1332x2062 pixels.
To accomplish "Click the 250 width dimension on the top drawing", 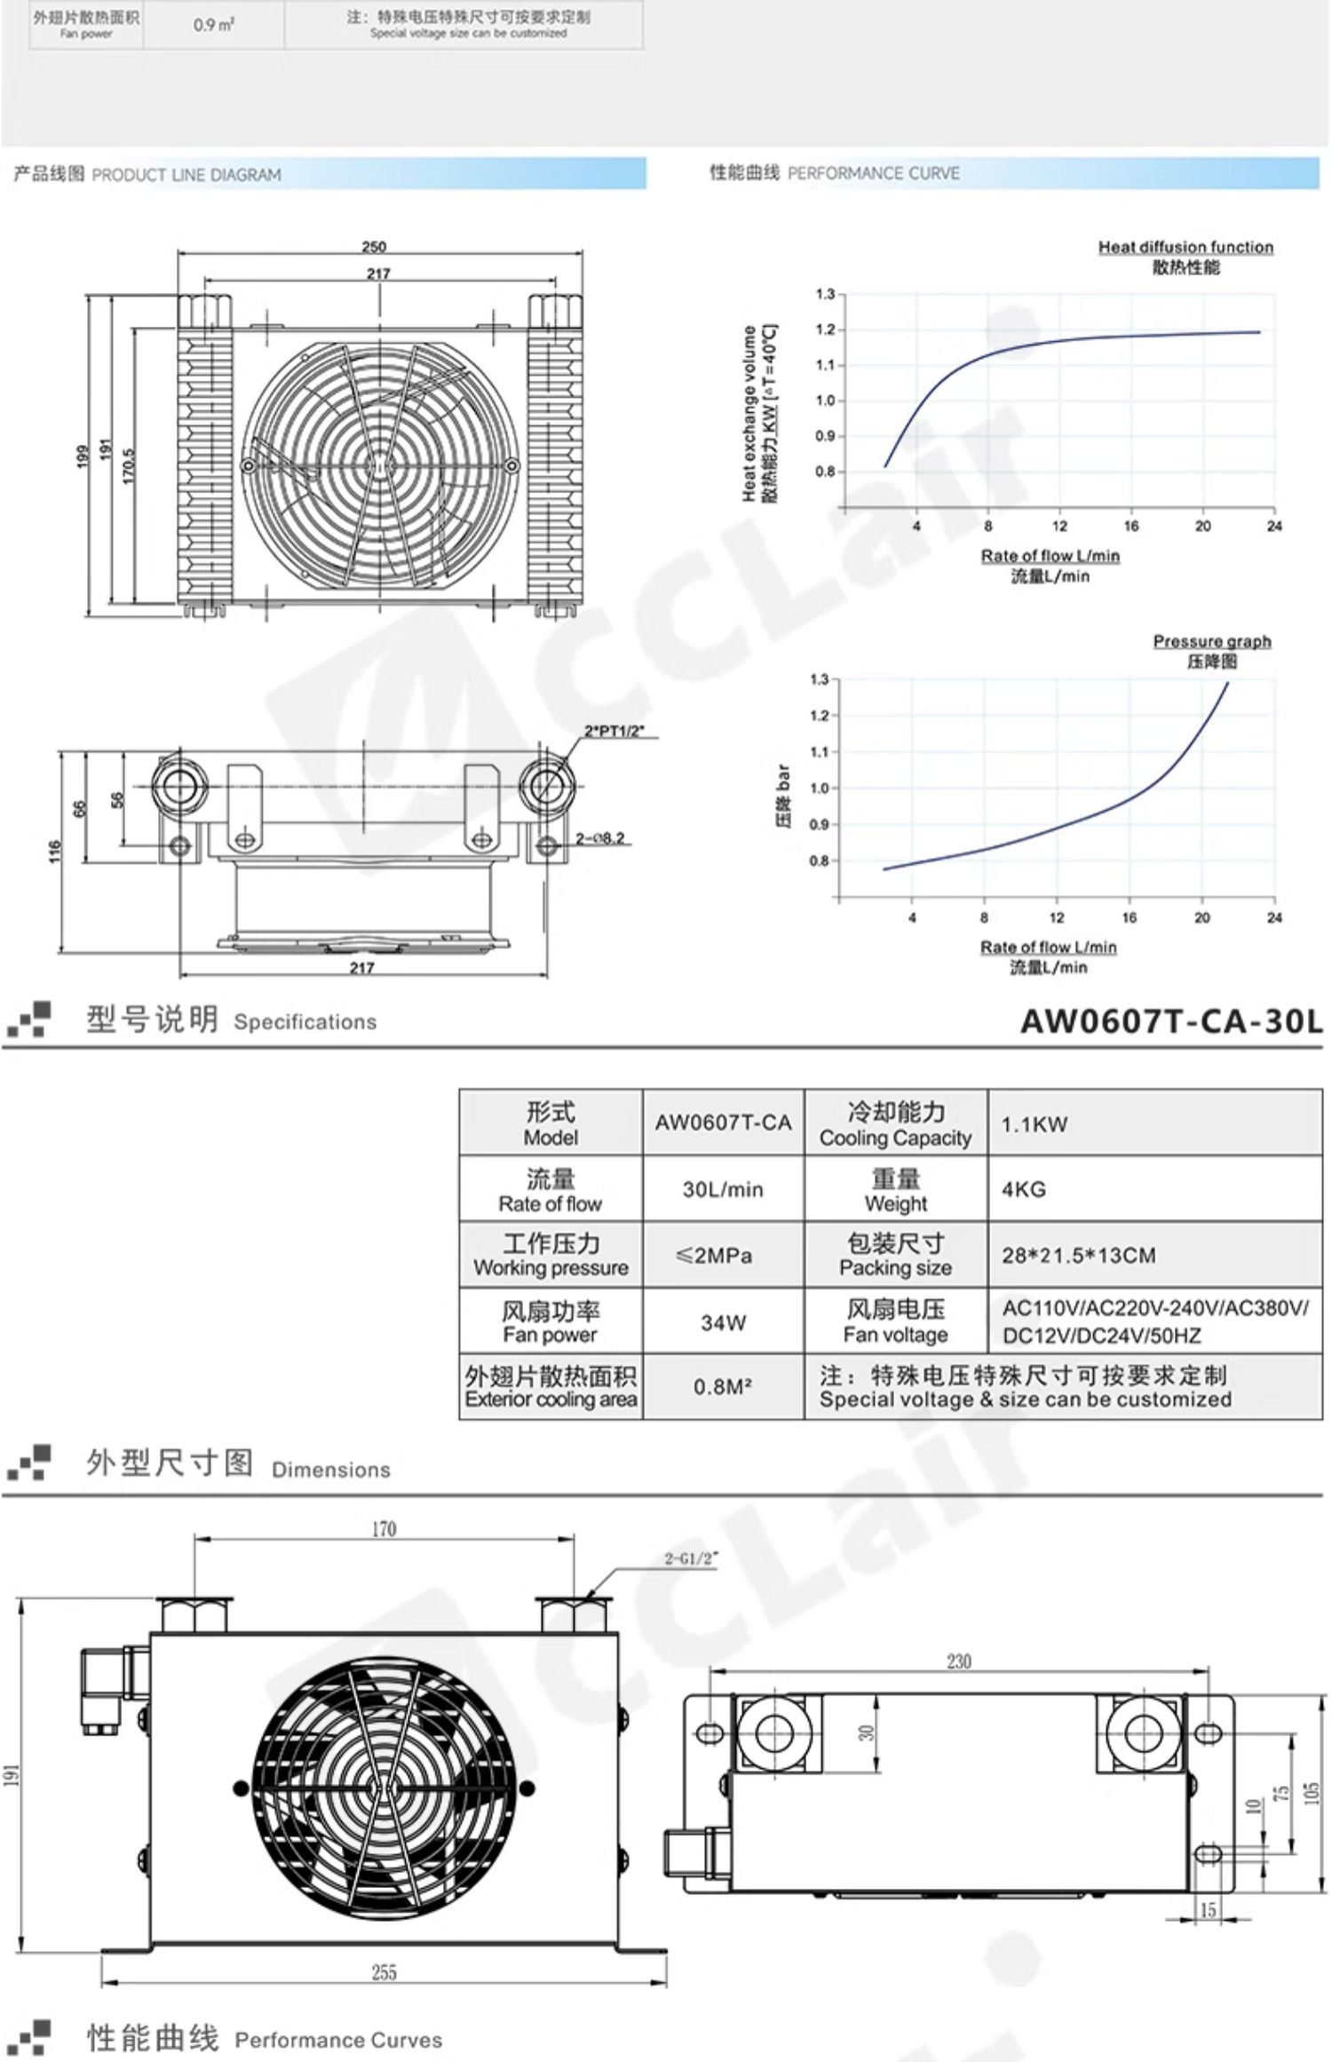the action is coord(374,246).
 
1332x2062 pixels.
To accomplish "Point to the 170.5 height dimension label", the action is coord(128,465).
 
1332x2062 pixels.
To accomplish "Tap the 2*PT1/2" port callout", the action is coord(614,732).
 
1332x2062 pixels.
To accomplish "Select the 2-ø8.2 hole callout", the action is coord(600,837).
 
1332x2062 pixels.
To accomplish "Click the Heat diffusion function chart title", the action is coord(1185,247).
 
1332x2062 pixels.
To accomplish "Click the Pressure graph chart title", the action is coord(1212,641).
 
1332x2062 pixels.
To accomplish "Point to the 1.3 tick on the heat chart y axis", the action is coord(825,294).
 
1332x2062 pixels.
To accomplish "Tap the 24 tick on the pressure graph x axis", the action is coord(1274,917).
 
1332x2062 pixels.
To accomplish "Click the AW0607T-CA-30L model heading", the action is coord(1171,1021).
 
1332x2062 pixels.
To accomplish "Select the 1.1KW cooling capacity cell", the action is coord(1035,1124).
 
